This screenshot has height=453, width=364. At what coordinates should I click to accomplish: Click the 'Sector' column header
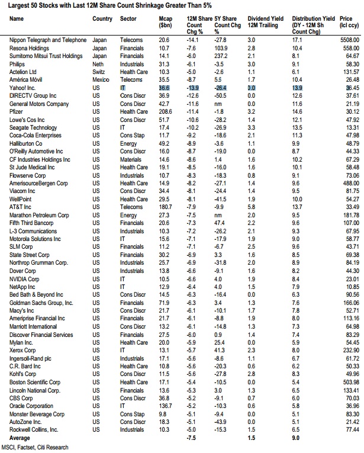coord(128,19)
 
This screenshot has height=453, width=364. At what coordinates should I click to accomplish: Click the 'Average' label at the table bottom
coord(21,438)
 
